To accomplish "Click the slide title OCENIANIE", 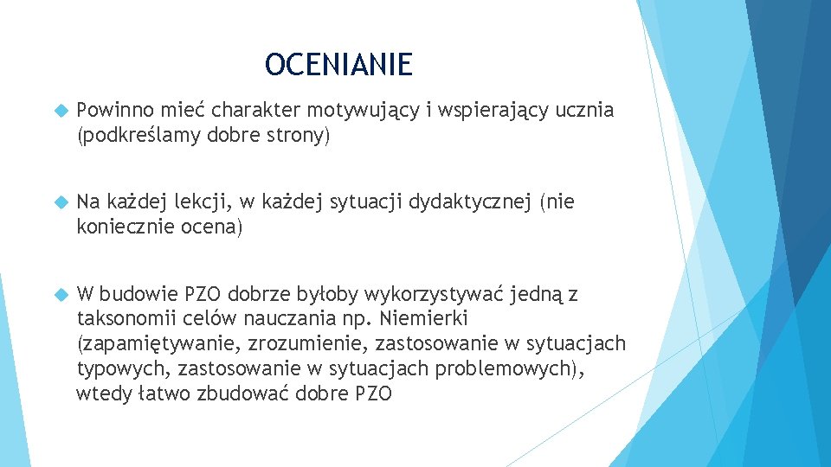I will pyautogui.click(x=338, y=64).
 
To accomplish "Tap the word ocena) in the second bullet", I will pyautogui.click(x=213, y=227).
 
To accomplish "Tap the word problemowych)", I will pyautogui.click(x=510, y=369).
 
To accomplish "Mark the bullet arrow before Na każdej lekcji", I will pyautogui.click(x=60, y=203).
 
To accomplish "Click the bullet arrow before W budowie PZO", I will pyautogui.click(x=60, y=295).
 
